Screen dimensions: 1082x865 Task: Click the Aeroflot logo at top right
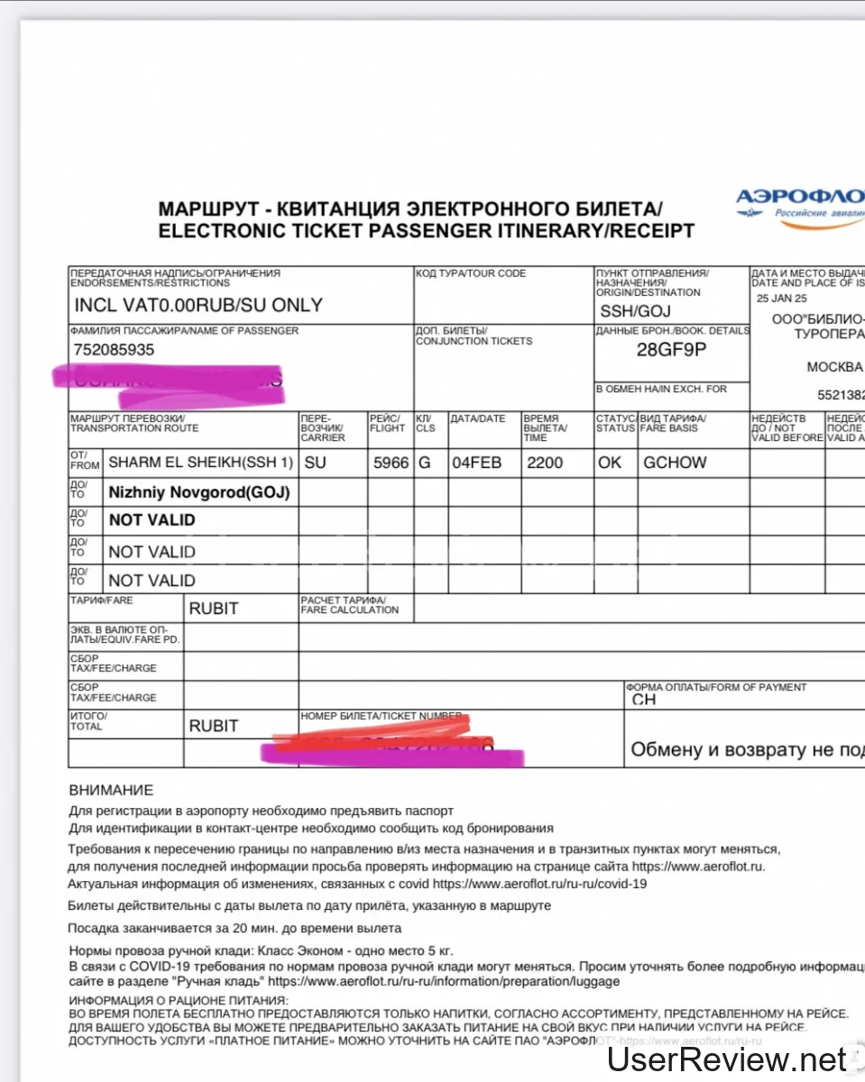tap(799, 204)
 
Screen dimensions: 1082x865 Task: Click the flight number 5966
tap(391, 463)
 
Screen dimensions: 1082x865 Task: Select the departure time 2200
tap(545, 463)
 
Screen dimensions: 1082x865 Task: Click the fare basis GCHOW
tap(675, 463)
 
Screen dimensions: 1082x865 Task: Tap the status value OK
tap(610, 463)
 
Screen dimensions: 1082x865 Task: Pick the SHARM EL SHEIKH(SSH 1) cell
tap(200, 463)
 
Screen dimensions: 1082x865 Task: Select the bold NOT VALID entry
tap(152, 520)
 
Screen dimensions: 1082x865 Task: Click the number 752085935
tap(114, 349)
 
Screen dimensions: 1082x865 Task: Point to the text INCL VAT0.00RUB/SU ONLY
tap(198, 305)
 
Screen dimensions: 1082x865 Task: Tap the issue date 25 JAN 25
tap(782, 298)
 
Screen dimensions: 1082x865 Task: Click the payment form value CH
tap(644, 700)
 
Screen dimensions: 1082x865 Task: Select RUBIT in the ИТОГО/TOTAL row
tap(214, 726)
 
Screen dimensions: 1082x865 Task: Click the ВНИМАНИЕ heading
tap(111, 791)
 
